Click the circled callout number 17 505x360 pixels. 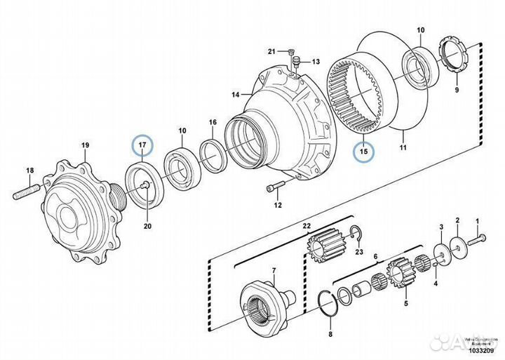tap(142, 145)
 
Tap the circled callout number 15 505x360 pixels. tap(364, 150)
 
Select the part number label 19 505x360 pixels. tap(85, 146)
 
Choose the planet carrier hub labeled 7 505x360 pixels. tap(264, 298)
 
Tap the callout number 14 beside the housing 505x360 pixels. tap(235, 93)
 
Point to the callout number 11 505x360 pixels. tap(403, 148)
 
